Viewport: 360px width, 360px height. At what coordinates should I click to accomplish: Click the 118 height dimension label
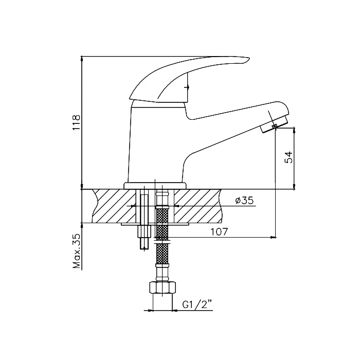76,122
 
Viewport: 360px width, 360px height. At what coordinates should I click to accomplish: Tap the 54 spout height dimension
289,157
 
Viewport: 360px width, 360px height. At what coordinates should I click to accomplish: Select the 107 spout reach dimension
219,232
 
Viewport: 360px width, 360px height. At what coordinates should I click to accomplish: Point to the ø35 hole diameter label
244,201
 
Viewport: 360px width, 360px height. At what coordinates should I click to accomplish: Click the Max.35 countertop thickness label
77,251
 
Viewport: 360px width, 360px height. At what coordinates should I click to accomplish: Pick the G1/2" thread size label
197,305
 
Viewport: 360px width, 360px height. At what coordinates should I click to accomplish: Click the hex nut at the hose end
163,287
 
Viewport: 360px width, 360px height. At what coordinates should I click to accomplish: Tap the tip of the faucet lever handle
249,58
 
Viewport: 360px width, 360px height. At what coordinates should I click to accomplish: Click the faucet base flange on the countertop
155,186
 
